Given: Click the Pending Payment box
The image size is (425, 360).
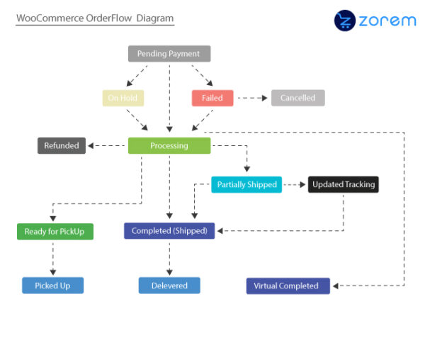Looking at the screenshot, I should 169,53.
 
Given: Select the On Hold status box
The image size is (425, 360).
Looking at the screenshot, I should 123,98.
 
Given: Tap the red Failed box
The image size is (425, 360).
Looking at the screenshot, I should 212,98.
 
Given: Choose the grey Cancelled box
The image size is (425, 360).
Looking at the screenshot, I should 297,98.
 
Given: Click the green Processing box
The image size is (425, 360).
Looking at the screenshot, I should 169,145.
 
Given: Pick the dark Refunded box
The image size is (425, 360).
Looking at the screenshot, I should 62,145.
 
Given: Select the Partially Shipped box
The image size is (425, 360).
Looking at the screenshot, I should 246,184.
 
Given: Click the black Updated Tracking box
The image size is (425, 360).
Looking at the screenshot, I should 344,184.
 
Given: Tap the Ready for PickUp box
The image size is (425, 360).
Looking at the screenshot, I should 55,231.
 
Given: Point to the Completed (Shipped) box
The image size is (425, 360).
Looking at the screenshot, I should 169,230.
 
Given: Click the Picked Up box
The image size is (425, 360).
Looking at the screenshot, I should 52,285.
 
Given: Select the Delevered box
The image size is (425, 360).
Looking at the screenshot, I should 169,285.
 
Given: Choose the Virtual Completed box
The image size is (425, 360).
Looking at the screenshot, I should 288,286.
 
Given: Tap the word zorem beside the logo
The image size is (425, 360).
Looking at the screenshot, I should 387,21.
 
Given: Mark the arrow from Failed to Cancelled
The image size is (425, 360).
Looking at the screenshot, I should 252,98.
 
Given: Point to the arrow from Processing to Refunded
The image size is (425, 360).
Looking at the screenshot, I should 107,145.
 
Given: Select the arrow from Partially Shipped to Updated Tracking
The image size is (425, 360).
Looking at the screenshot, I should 294,184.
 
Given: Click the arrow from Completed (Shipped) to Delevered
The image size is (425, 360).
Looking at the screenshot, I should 169,258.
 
